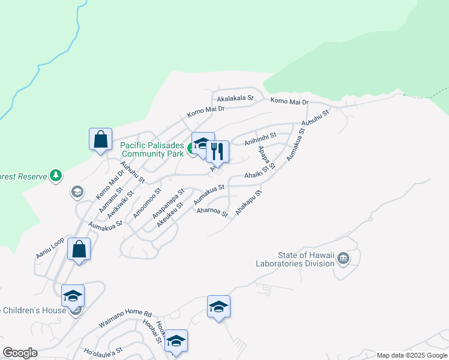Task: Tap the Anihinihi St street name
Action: tap(260, 140)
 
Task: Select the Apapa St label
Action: tap(266, 157)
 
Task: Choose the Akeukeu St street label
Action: tap(169, 214)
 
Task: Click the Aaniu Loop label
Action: tap(50, 248)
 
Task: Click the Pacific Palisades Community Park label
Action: tap(151, 149)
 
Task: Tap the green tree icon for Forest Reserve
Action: tap(56, 175)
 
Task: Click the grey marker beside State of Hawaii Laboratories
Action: tap(343, 259)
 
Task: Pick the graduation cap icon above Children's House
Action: tap(73, 296)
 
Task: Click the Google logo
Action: tap(20, 353)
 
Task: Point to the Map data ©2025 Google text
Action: tap(411, 355)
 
